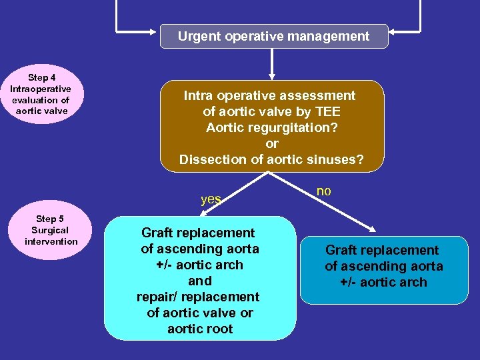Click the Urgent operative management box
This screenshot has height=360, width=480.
[x=273, y=37]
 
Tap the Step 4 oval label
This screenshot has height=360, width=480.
[x=41, y=94]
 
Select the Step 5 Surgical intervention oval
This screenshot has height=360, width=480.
[x=51, y=230]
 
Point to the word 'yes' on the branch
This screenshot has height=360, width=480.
[x=211, y=199]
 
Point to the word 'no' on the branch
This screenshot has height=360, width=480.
[x=323, y=191]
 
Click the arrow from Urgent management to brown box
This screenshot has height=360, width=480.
[x=272, y=64]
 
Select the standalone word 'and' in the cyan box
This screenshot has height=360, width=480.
[x=200, y=281]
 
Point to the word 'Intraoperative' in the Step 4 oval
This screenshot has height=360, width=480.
[x=41, y=89]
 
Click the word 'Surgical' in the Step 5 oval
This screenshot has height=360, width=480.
[x=51, y=230]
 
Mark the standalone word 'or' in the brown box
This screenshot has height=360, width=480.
[x=272, y=144]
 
